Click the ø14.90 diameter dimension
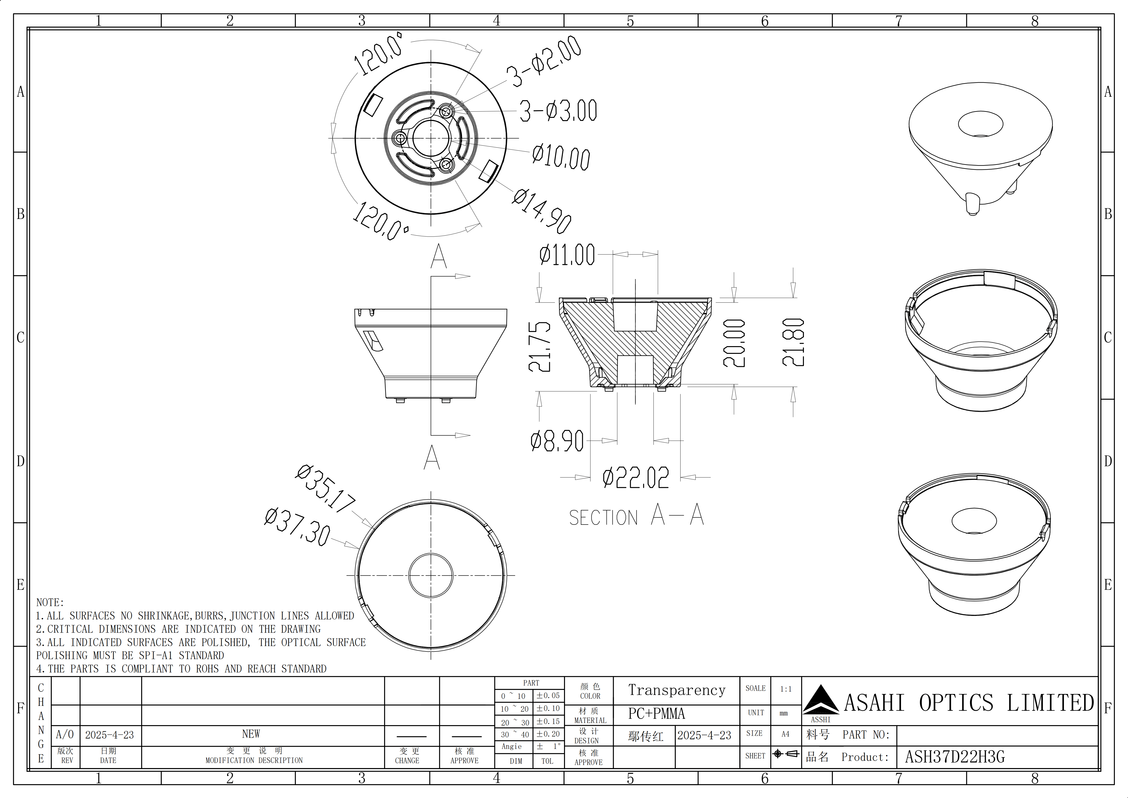pyautogui.click(x=542, y=210)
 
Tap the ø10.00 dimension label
pyautogui.click(x=561, y=156)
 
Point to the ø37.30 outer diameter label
pyautogui.click(x=297, y=527)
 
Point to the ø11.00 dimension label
pyautogui.click(x=567, y=255)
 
